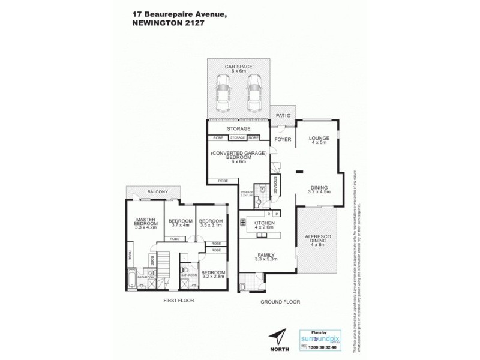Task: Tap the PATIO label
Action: coord(283,115)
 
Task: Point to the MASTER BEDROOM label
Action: coord(146,223)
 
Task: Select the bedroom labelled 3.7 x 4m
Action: coord(180,222)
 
